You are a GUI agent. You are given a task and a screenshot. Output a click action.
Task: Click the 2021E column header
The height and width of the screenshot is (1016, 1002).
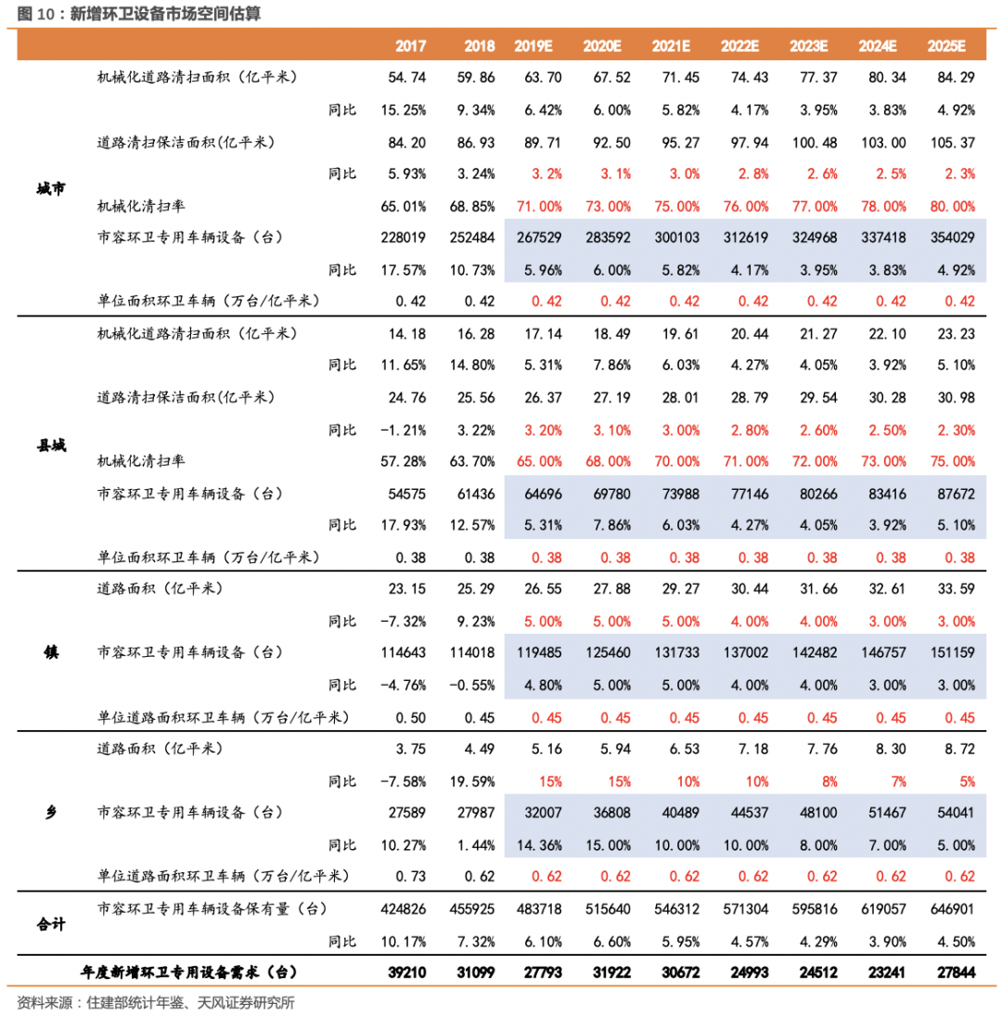tap(671, 46)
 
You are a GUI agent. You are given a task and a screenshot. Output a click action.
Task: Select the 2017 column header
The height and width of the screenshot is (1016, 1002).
tap(409, 46)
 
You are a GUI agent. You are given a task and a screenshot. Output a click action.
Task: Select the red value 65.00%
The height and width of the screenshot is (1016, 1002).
tap(538, 461)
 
